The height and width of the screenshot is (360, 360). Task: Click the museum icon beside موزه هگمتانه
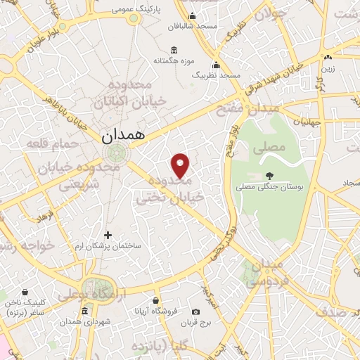174,51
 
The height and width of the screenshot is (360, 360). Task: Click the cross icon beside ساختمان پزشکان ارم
108,235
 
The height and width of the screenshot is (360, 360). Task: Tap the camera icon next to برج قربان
195,311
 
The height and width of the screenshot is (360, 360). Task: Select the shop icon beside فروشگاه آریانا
136,309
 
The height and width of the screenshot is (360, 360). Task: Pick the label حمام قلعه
48,143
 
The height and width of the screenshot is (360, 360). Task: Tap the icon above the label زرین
328,58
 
